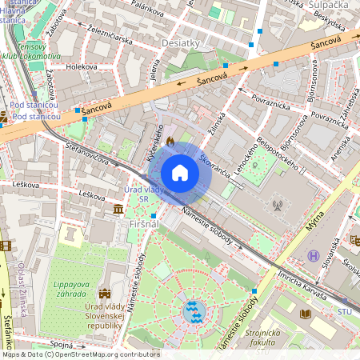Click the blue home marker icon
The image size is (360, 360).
tap(180, 173)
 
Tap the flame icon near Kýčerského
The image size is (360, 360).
tap(170, 139)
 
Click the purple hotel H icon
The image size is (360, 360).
tap(313, 256)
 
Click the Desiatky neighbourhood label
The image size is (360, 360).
tap(181, 42)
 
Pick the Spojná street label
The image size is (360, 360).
tap(61, 343)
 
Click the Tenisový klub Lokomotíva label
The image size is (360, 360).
tap(30, 51)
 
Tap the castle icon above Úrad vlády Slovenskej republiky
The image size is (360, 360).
tap(105, 294)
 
